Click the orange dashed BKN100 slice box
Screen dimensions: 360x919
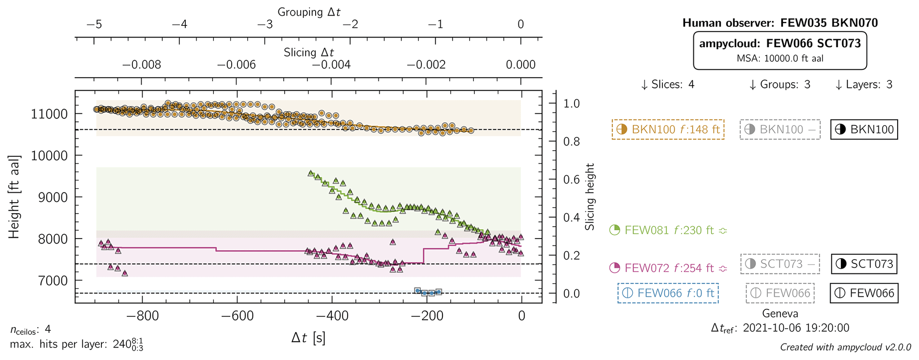tap(668, 129)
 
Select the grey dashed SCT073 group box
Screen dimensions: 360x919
tap(780, 264)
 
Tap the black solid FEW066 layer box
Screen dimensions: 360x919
tap(864, 293)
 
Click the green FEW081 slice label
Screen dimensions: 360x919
tap(668, 230)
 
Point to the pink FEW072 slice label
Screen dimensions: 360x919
tap(668, 268)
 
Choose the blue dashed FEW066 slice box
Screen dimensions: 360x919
tap(668, 293)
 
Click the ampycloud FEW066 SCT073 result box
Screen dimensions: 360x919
tap(780, 50)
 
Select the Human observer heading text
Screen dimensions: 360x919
tap(780, 23)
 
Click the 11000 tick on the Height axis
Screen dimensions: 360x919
tap(49, 114)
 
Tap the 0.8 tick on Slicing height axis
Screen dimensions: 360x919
tap(572, 142)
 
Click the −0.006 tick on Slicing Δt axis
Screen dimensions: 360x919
tap(236, 65)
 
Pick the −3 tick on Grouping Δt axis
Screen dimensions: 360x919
tap(265, 24)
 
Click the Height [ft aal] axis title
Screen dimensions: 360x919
tap(14, 197)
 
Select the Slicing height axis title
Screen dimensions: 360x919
tap(590, 197)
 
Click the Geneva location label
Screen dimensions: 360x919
tap(780, 313)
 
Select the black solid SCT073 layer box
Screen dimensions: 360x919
tap(864, 264)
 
